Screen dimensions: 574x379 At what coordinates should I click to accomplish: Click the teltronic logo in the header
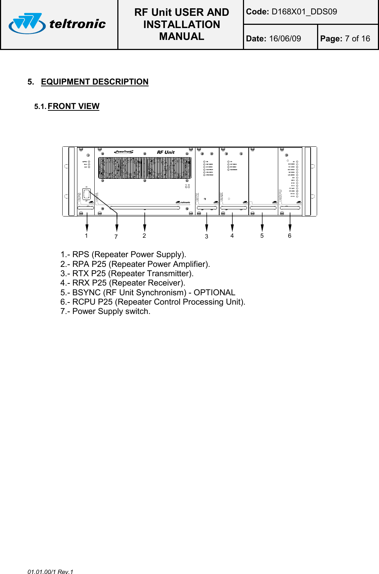pyautogui.click(x=58, y=24)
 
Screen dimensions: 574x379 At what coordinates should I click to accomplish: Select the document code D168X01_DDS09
pyautogui.click(x=304, y=12)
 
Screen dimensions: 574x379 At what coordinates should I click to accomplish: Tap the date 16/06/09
pyautogui.click(x=285, y=39)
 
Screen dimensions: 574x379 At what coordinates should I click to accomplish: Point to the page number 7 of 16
pyautogui.click(x=357, y=39)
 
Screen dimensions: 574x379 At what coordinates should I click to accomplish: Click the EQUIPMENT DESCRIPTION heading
pyautogui.click(x=95, y=82)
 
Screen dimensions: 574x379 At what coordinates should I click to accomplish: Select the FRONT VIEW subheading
pyautogui.click(x=73, y=106)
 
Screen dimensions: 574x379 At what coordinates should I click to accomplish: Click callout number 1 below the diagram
pyautogui.click(x=86, y=236)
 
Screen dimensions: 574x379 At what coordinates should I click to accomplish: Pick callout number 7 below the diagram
pyautogui.click(x=116, y=237)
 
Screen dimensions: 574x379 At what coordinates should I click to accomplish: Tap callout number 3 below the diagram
pyautogui.click(x=207, y=237)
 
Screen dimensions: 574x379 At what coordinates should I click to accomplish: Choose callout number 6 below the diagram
pyautogui.click(x=289, y=236)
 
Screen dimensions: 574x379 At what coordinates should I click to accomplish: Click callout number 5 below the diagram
pyautogui.click(x=262, y=236)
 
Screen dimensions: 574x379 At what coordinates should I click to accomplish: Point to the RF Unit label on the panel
pyautogui.click(x=166, y=152)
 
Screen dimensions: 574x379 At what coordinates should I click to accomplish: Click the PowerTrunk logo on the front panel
pyautogui.click(x=124, y=152)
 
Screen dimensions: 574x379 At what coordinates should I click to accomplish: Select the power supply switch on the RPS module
pyautogui.click(x=86, y=194)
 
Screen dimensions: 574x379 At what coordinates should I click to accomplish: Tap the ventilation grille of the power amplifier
pyautogui.click(x=145, y=168)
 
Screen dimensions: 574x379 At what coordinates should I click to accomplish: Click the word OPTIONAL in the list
pyautogui.click(x=215, y=293)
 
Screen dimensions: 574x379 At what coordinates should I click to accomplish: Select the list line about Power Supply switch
pyautogui.click(x=105, y=311)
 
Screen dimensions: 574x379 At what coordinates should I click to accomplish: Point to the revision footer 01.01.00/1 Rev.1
pyautogui.click(x=50, y=571)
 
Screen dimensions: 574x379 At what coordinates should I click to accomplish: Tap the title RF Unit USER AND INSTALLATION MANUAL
pyautogui.click(x=181, y=24)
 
